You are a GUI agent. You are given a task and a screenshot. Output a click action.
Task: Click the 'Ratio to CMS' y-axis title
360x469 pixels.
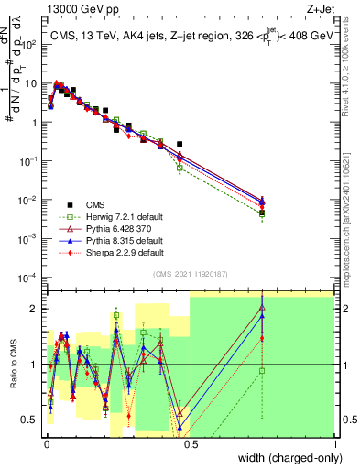pyautogui.click(x=12, y=365)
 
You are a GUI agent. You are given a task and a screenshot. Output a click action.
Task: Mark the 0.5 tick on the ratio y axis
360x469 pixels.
pyautogui.click(x=32, y=420)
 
